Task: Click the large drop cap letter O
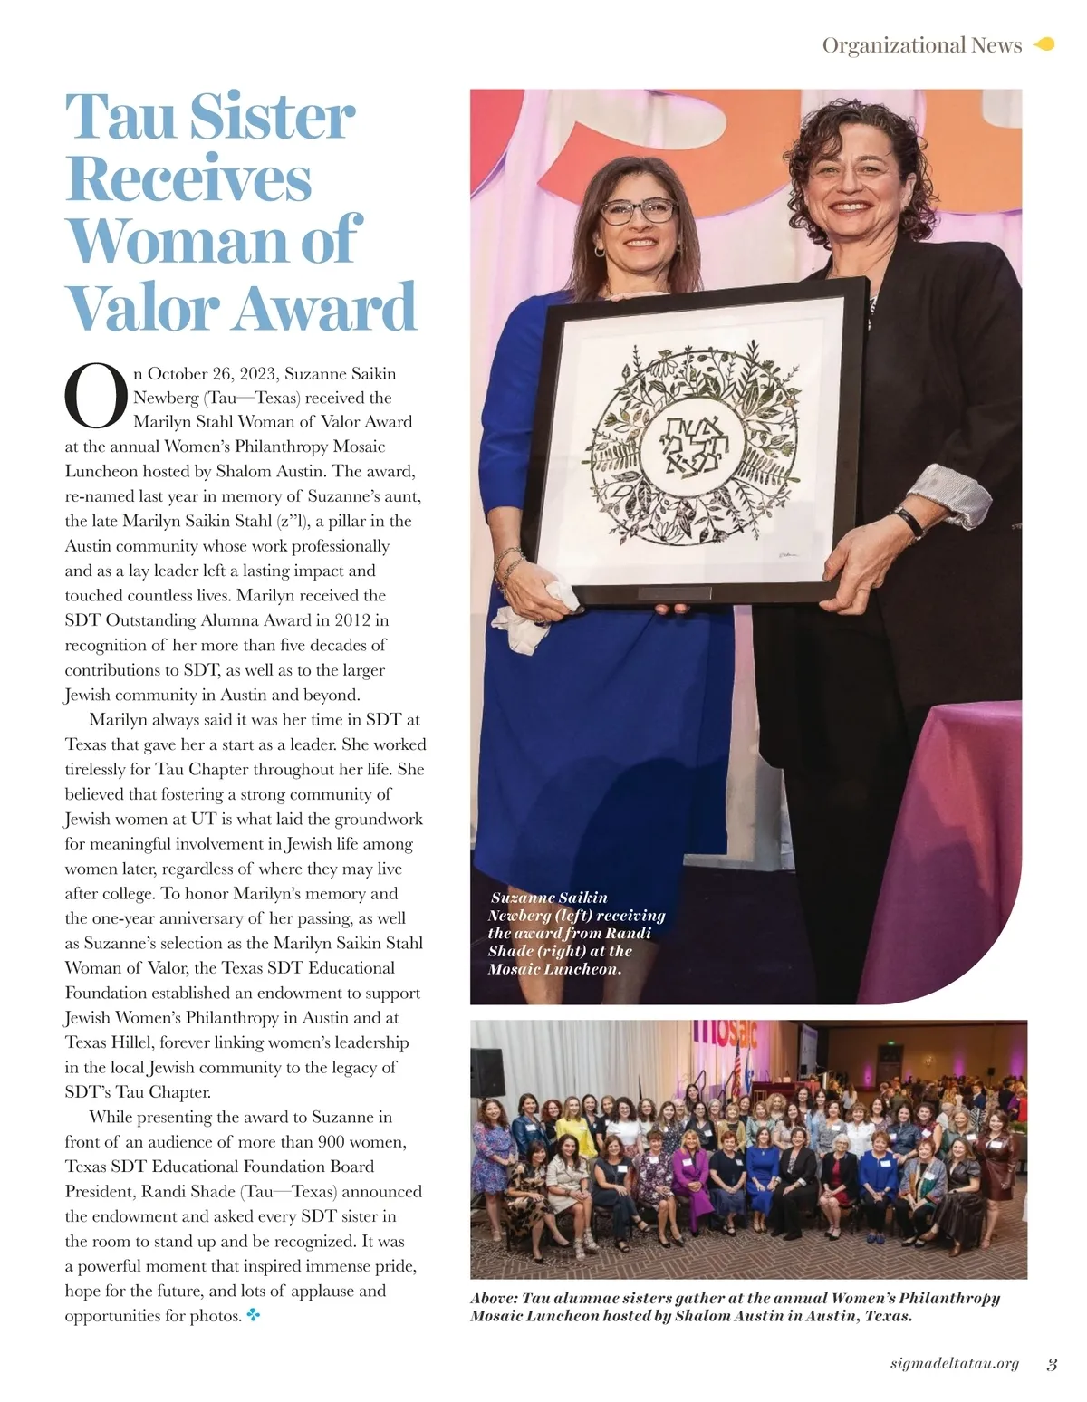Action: pyautogui.click(x=94, y=397)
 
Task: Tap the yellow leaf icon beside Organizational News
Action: pyautogui.click(x=1044, y=44)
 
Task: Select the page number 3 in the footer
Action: pyautogui.click(x=1051, y=1365)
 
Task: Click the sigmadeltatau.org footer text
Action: pyautogui.click(x=955, y=1365)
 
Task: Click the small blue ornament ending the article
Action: pyautogui.click(x=254, y=1316)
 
